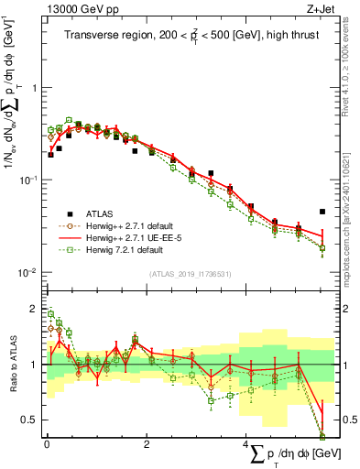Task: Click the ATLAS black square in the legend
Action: pyautogui.click(x=68, y=213)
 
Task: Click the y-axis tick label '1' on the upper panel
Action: pyautogui.click(x=35, y=89)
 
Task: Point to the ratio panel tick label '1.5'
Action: pyautogui.click(x=31, y=336)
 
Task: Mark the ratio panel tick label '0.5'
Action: pyautogui.click(x=31, y=420)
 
